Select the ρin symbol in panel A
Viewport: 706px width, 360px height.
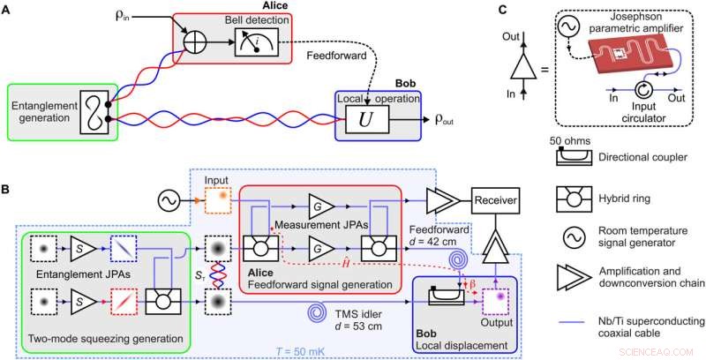(x=142, y=18)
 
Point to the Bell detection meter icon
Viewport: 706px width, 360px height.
(x=255, y=41)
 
